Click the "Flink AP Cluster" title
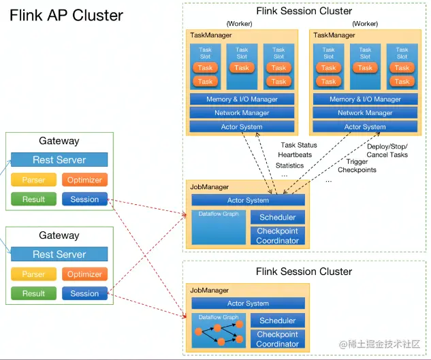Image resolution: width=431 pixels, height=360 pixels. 66,15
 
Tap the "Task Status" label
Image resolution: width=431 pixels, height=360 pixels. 299,145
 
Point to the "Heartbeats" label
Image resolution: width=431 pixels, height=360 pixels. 295,155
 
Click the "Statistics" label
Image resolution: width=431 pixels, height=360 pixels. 290,165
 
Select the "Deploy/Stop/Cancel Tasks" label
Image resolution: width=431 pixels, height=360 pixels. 387,150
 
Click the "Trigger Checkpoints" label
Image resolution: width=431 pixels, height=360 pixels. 357,165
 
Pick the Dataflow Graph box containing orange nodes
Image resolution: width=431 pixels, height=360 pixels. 219,329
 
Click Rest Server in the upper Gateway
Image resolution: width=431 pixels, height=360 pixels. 59,160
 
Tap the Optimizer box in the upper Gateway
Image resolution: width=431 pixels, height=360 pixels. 84,180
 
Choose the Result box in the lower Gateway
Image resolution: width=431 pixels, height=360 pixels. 33,293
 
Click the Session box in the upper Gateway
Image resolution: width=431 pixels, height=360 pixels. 84,199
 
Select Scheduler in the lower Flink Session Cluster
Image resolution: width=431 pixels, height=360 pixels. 277,321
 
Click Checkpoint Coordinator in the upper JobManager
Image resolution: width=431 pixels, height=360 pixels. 277,235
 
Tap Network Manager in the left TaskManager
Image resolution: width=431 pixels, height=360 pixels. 242,113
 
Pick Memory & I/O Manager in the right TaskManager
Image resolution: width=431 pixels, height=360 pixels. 365,99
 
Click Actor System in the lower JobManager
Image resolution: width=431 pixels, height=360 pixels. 248,304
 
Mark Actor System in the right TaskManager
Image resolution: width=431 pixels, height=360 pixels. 365,127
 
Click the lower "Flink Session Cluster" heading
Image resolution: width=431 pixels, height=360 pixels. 304,272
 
